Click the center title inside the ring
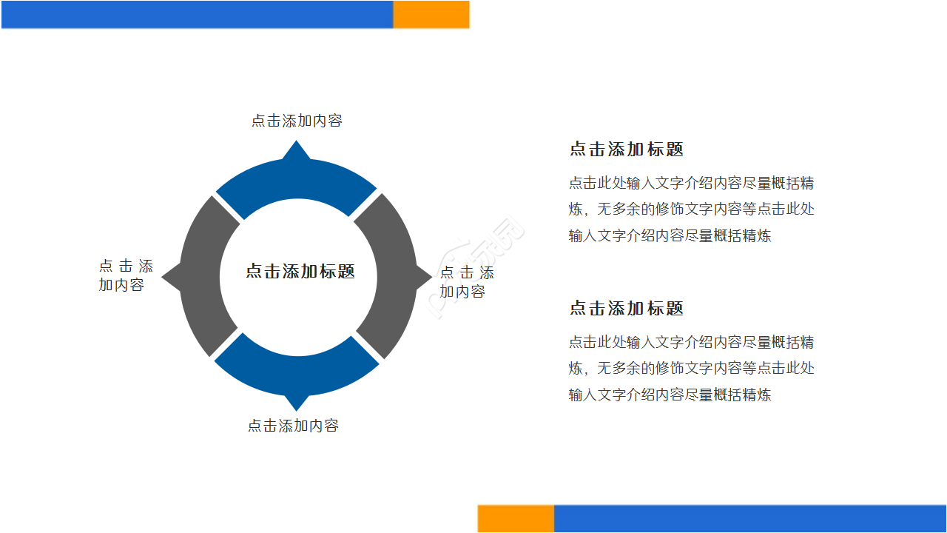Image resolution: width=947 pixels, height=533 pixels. click(300, 272)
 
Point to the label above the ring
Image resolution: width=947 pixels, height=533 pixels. click(297, 121)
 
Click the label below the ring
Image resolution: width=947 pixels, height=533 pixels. click(293, 426)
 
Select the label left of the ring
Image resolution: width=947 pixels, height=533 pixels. click(125, 275)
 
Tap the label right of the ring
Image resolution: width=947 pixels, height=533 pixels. click(467, 282)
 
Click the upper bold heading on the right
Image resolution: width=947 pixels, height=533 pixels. click(626, 149)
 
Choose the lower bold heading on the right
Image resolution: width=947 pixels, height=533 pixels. click(626, 308)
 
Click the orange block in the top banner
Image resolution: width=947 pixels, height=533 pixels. click(431, 14)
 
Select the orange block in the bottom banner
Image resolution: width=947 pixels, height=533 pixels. click(516, 518)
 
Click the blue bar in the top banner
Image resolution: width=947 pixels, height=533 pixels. click(197, 14)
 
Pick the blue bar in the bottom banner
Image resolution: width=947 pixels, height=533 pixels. click(749, 518)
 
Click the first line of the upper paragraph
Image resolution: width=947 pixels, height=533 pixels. click(691, 183)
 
